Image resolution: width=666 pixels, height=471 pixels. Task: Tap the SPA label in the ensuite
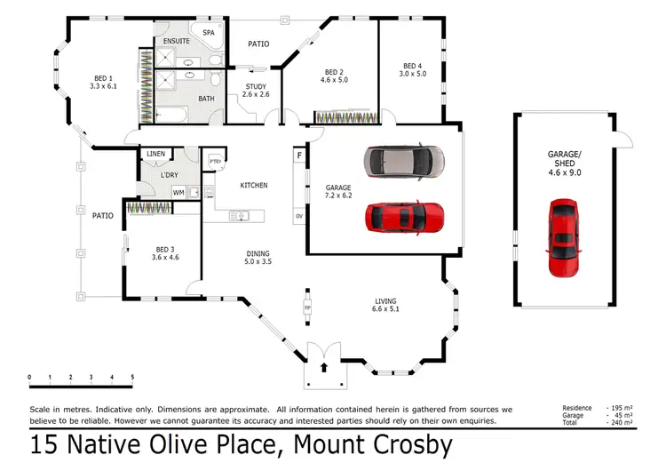210,33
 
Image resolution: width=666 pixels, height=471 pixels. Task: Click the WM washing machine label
178,192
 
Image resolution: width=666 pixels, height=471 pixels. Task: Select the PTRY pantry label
215,160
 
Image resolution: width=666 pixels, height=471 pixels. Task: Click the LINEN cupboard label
156,154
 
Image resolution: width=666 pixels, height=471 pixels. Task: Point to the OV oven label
299,216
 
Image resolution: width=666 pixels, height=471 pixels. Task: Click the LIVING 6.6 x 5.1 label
385,307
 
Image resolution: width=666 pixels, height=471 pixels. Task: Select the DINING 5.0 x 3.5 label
258,259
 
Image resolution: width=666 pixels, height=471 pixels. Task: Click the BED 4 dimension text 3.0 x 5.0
413,75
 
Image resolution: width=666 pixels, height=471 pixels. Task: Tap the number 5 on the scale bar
132,378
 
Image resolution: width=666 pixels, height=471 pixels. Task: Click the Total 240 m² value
622,423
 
